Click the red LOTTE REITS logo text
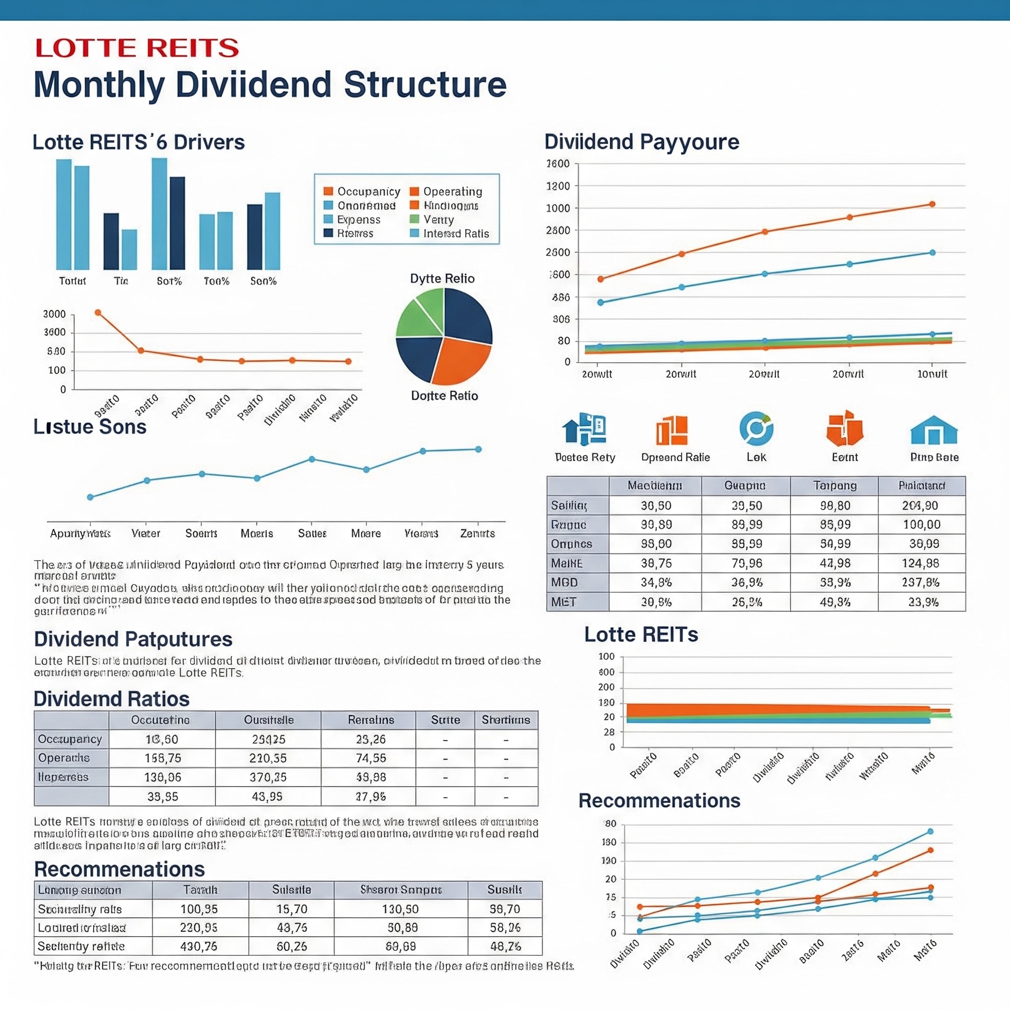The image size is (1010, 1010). click(137, 48)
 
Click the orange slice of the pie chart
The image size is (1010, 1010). click(460, 360)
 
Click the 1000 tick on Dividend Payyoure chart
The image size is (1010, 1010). click(558, 208)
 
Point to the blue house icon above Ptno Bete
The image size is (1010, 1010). click(934, 431)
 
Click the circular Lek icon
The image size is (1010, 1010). click(756, 429)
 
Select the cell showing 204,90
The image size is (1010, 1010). click(921, 505)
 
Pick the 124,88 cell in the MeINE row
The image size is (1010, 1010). click(921, 563)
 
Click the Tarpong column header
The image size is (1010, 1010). click(835, 486)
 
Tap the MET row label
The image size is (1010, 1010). click(564, 602)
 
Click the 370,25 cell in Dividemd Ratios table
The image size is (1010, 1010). click(268, 777)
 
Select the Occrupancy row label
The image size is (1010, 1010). click(70, 739)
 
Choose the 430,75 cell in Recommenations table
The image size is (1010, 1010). click(199, 946)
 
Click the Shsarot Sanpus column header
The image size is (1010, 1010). click(400, 889)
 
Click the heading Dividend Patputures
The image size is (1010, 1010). click(133, 639)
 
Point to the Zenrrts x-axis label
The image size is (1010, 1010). click(477, 533)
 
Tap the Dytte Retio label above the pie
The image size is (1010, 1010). click(442, 278)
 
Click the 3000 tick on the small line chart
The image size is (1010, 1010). click(54, 314)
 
